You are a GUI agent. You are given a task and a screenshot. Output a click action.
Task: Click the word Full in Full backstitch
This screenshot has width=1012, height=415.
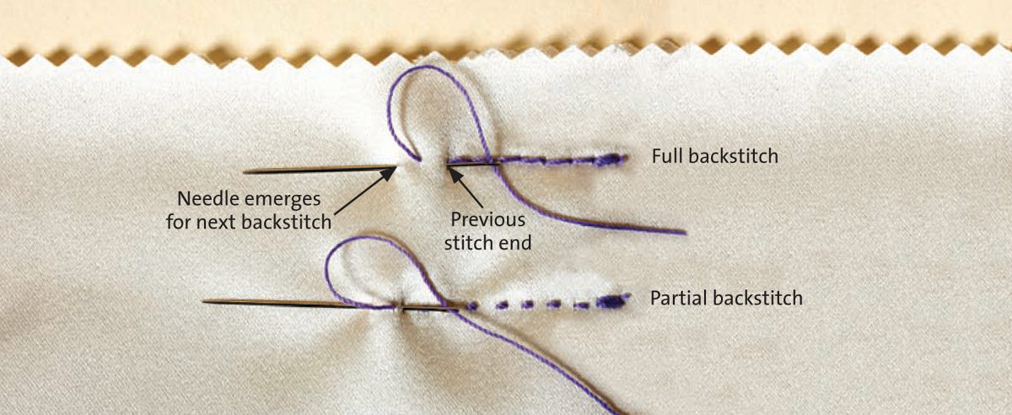pos(665,157)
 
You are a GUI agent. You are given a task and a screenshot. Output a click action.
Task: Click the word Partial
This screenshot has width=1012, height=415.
pos(677,298)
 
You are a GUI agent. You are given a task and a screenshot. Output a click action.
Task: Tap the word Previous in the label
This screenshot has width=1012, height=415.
pos(488,218)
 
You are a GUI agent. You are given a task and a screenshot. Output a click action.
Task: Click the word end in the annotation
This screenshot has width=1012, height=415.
pos(517,244)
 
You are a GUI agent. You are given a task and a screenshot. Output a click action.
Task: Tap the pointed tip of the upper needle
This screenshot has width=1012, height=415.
pos(246,172)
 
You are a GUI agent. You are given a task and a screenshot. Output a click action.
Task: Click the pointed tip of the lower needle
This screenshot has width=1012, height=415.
pos(205,300)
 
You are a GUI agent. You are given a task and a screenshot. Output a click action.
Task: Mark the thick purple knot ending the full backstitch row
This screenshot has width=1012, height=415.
pos(612,159)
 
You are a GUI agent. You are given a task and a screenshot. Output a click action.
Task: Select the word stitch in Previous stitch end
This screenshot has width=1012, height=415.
pos(477,244)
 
